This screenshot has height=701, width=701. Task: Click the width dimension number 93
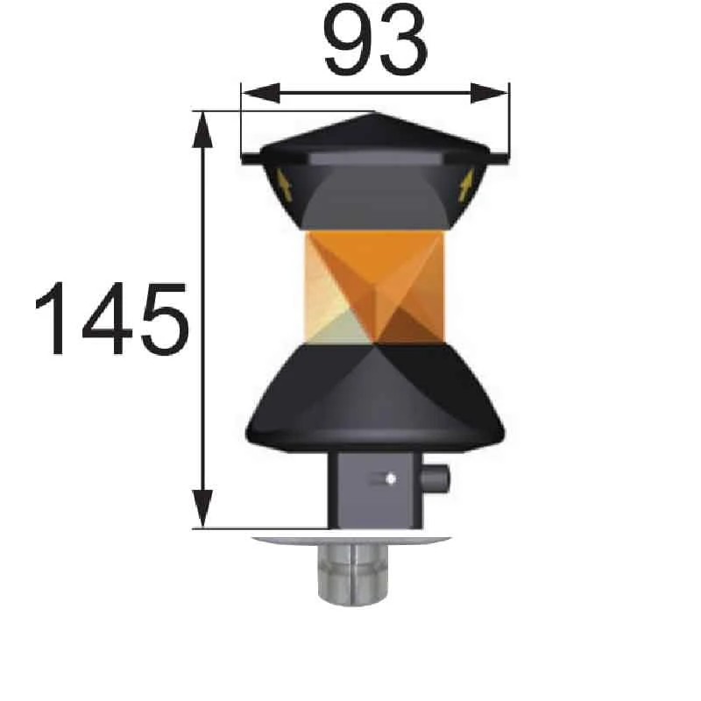pyautogui.click(x=376, y=41)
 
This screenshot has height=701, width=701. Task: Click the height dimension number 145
pyautogui.click(x=111, y=319)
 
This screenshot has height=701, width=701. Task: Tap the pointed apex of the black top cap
pyautogui.click(x=375, y=113)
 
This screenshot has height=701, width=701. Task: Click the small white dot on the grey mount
pyautogui.click(x=390, y=478)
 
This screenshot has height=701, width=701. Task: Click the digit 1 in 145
pyautogui.click(x=55, y=319)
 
